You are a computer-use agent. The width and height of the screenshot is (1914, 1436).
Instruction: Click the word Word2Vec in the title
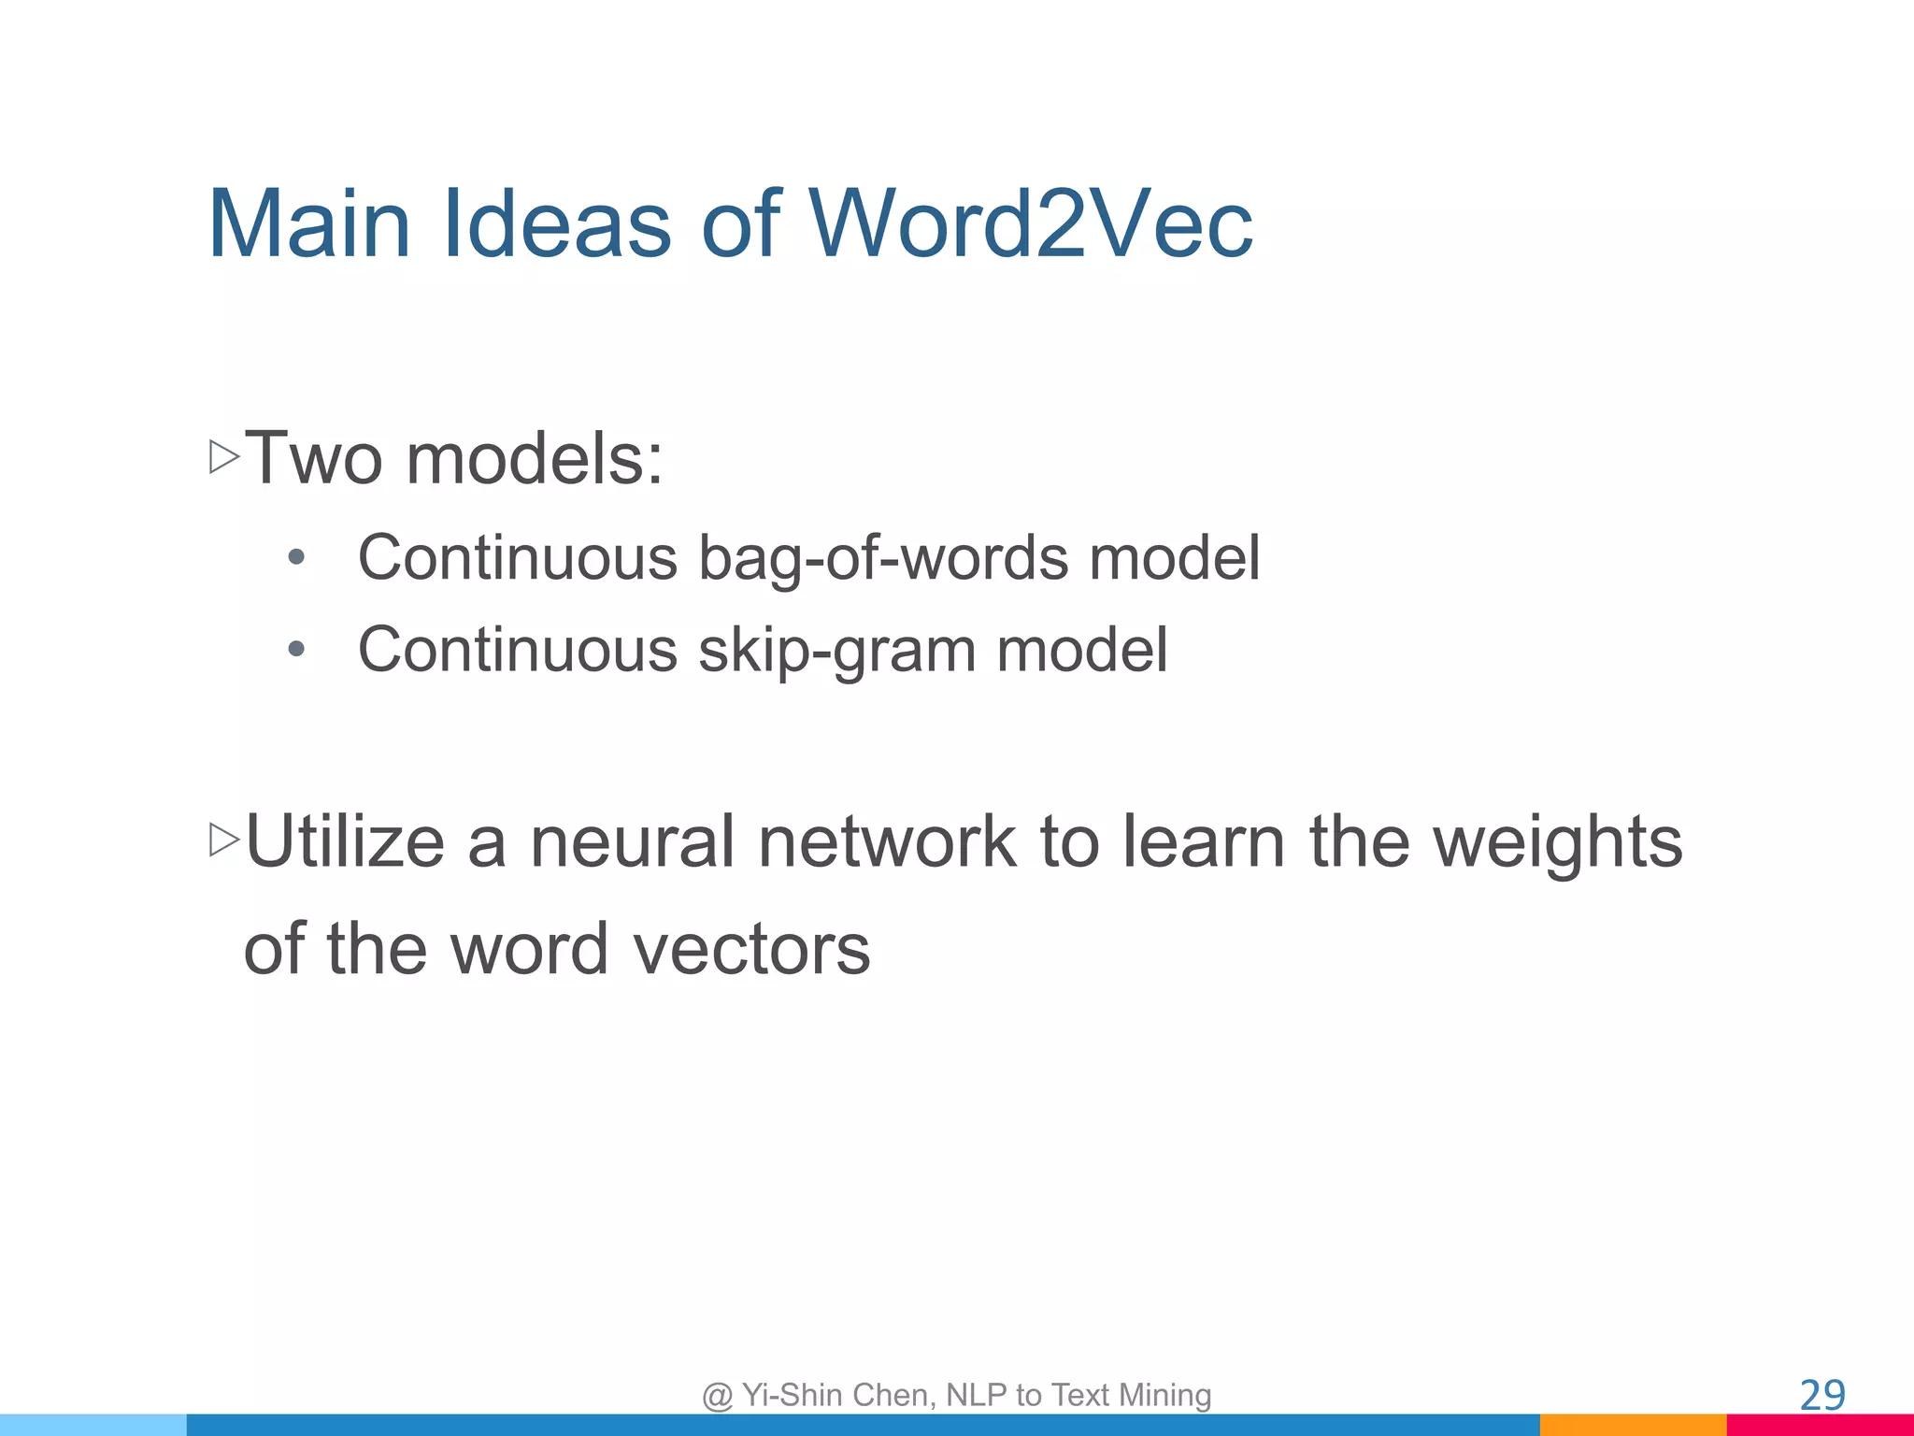point(1030,224)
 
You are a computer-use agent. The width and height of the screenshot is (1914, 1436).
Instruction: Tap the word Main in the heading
point(309,224)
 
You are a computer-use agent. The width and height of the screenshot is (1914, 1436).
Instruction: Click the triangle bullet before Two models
point(224,457)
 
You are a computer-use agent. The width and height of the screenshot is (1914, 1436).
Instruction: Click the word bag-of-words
point(883,558)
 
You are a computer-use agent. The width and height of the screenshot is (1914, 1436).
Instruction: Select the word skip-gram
point(836,651)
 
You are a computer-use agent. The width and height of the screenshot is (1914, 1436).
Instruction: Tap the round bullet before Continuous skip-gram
point(296,649)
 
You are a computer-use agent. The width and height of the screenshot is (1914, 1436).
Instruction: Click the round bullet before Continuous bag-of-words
point(296,558)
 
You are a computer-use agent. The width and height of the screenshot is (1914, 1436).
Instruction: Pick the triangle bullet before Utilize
point(224,840)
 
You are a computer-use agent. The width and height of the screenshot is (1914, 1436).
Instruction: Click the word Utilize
point(345,841)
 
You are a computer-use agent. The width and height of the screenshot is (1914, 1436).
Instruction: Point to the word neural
point(633,841)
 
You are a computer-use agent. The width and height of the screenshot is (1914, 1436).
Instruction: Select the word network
point(886,841)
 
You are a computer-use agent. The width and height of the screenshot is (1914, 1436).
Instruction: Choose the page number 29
point(1821,1396)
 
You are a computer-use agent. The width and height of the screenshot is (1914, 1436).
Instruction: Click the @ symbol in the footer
point(717,1396)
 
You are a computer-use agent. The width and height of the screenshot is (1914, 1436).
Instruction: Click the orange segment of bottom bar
point(1632,1425)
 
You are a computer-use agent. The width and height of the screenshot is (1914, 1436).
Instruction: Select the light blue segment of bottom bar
point(93,1425)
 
